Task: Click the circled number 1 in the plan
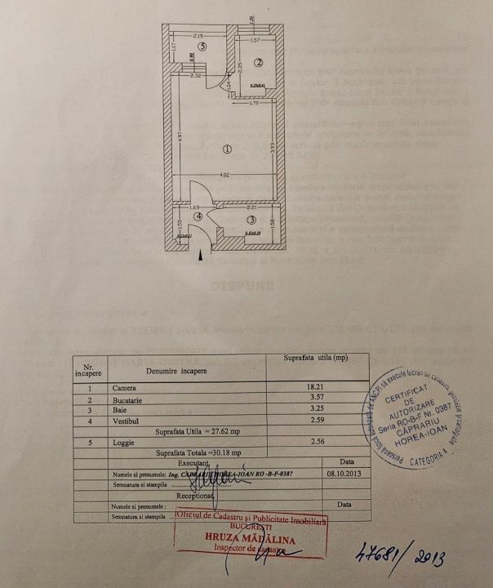point(227,149)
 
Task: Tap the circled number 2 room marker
point(257,62)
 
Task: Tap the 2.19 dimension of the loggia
point(198,36)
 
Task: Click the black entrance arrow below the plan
point(201,256)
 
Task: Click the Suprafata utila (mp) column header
point(315,359)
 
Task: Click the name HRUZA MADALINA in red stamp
point(250,540)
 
